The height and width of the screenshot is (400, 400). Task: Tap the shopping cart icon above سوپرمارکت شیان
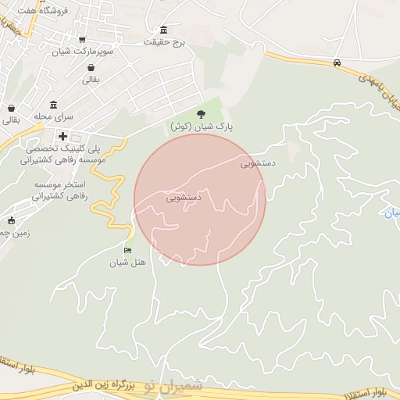coord(82,39)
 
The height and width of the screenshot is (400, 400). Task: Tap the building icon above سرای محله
coord(53,105)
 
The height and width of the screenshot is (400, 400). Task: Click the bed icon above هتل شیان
coord(128,249)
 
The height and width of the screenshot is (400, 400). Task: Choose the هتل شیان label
coord(128,262)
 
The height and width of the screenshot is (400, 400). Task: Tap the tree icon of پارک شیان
coord(202,114)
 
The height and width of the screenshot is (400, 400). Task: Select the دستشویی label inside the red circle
coord(184,198)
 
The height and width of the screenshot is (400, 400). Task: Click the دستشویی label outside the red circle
coord(258,164)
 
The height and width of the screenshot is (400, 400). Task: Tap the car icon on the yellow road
coord(337,62)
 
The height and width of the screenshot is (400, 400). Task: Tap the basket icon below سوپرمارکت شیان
coord(91,67)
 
